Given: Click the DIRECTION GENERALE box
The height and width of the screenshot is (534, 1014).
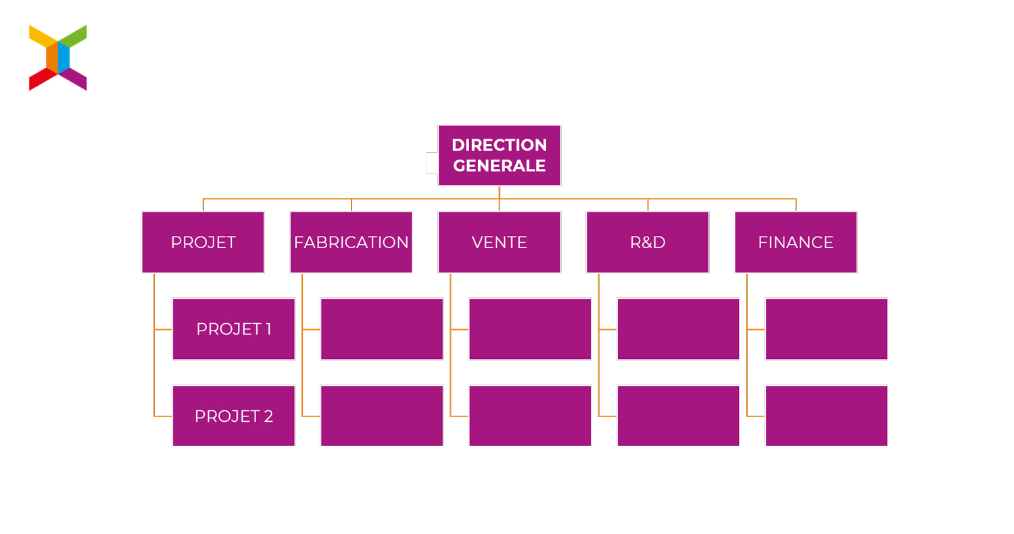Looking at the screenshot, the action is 500,155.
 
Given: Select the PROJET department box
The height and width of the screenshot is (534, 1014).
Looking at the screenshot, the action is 203,242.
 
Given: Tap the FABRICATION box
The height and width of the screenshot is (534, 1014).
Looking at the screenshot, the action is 352,242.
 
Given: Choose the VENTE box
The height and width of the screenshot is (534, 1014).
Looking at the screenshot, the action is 500,242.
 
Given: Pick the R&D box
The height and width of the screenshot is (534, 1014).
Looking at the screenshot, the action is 648,242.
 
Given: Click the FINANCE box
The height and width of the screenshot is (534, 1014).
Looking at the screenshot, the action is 796,242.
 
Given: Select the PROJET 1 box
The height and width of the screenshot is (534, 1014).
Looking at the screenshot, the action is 234,329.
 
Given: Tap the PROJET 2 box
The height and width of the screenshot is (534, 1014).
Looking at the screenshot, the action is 234,416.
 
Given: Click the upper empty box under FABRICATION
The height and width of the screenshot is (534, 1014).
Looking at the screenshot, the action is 382,329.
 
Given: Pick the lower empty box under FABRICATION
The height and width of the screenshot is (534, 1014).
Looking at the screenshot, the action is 382,416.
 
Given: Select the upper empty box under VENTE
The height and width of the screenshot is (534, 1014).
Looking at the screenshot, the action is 530,329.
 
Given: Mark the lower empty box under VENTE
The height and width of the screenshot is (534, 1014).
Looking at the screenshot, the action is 530,416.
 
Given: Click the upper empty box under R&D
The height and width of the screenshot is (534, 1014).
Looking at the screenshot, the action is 678,329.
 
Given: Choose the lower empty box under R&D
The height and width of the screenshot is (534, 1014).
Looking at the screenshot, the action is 678,416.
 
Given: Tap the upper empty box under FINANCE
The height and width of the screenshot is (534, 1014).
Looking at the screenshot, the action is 827,329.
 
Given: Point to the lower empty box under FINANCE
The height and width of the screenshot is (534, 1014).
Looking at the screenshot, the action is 827,416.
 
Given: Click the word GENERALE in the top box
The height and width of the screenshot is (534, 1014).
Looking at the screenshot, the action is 500,166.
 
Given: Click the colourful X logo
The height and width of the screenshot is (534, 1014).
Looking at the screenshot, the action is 58,57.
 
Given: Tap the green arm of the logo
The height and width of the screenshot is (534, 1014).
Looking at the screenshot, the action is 73,36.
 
